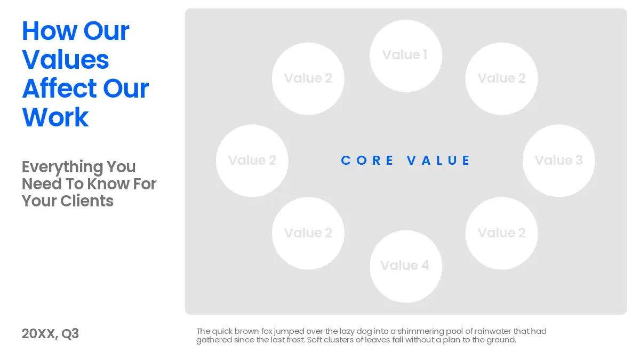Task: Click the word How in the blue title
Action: (50, 31)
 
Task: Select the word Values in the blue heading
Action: (66, 60)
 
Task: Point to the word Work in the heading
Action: (55, 117)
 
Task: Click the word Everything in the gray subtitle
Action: (62, 167)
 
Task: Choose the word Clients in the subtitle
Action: (87, 201)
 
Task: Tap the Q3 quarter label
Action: (70, 334)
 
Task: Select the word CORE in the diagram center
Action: (367, 161)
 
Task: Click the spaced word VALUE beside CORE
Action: (438, 161)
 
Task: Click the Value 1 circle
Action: (406, 56)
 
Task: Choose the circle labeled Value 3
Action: (559, 161)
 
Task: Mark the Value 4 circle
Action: (406, 266)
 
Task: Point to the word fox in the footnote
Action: (267, 331)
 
